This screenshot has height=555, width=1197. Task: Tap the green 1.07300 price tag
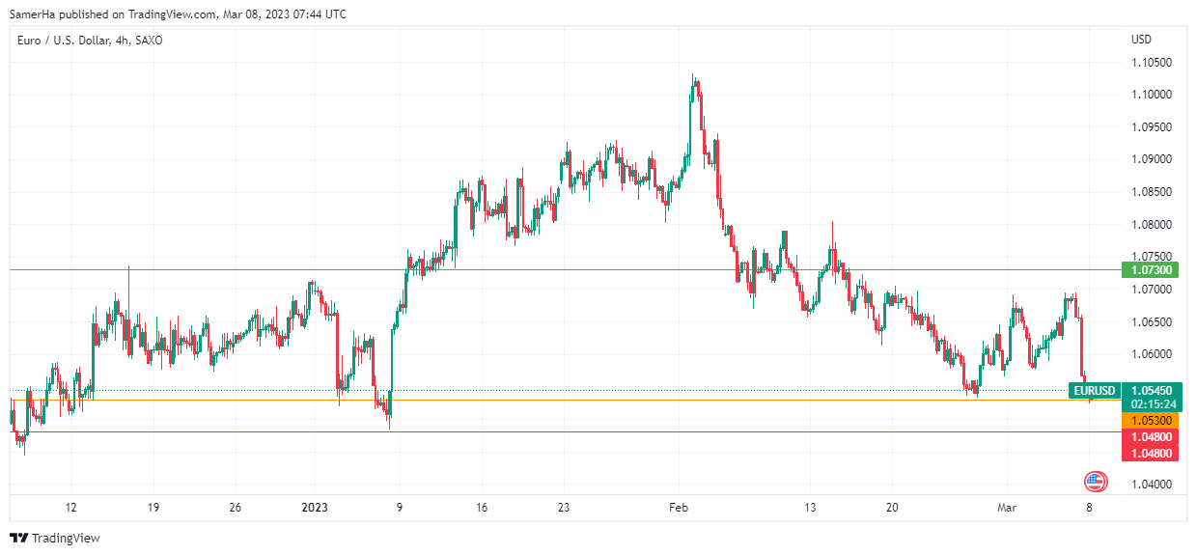(x=1149, y=269)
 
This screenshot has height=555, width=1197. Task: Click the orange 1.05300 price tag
(x=1149, y=421)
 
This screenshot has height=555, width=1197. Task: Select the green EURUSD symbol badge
(x=1095, y=391)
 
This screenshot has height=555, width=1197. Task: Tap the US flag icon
(x=1095, y=481)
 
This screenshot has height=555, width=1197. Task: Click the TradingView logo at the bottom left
(x=55, y=538)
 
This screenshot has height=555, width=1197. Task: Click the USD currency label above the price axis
(x=1141, y=40)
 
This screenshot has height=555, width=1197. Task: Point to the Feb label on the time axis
(x=679, y=507)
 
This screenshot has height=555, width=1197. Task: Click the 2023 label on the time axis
(x=315, y=507)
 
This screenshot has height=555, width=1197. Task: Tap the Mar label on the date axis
(x=1006, y=507)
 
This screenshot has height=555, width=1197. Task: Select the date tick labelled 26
(x=236, y=507)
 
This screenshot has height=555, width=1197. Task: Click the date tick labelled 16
(x=482, y=507)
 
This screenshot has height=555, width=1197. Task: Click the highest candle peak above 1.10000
(x=693, y=76)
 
